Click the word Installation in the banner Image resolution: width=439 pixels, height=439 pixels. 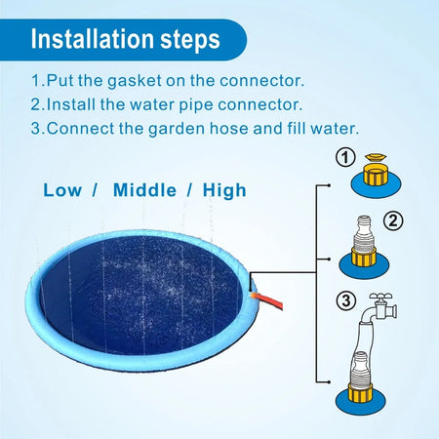tap(93, 39)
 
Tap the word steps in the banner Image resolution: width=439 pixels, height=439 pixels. tap(190, 41)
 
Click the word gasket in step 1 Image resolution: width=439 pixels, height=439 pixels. tap(135, 81)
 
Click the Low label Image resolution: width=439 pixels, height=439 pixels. tap(62, 190)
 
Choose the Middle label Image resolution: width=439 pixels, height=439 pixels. tap(144, 190)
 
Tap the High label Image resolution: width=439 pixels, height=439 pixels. tap(224, 190)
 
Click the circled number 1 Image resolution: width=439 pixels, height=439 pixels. tap(345, 158)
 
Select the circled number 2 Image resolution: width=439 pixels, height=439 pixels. tap(393, 221)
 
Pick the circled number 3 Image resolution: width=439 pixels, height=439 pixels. tap(346, 300)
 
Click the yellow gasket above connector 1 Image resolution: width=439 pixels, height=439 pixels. tap(376, 158)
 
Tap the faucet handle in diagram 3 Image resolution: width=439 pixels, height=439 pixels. tap(380, 297)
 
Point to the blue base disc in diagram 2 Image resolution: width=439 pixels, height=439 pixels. tap(364, 266)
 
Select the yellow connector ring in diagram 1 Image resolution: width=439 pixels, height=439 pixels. tap(376, 175)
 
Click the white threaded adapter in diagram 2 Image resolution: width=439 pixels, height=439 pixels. tap(364, 232)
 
